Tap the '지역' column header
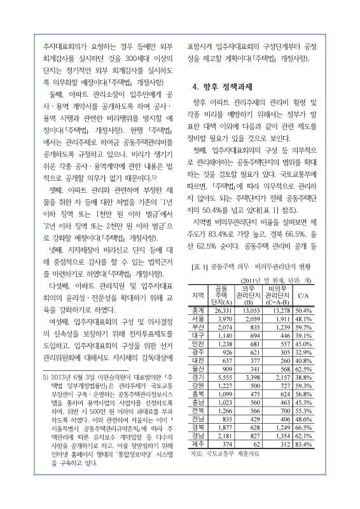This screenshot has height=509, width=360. tap(198, 296)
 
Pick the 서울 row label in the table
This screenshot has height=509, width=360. tap(198, 318)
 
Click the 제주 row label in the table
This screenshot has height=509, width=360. tap(198, 461)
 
